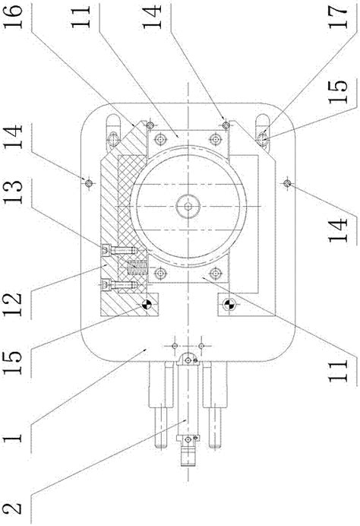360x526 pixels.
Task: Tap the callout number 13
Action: (x=14, y=192)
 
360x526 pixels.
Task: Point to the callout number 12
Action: (x=14, y=304)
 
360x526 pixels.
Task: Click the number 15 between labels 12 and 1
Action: (x=14, y=363)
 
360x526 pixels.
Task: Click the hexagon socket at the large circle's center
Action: (x=188, y=206)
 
